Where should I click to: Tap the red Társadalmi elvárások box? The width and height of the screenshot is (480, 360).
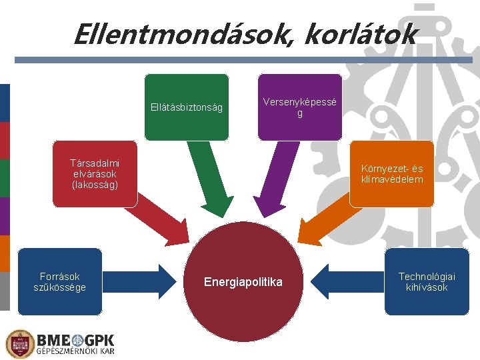95,173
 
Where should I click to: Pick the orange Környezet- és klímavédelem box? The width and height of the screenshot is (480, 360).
392,173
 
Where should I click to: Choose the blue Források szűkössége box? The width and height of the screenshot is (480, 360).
60,281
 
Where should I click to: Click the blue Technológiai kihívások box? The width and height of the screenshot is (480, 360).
427,281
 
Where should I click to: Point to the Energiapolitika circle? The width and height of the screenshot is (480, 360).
243,283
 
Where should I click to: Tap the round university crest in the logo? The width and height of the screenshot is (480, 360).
19,344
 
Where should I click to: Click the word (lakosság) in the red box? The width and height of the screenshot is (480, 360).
95,184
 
